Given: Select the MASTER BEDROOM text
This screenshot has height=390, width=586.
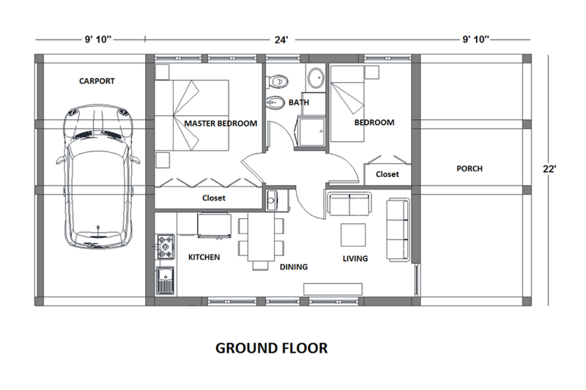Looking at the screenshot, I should [220, 124].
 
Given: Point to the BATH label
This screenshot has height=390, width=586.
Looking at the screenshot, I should [298, 102].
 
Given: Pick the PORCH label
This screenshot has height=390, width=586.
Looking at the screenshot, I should [469, 169].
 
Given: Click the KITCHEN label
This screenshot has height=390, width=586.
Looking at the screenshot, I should [204, 258].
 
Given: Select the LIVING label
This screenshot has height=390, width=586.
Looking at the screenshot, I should [355, 258].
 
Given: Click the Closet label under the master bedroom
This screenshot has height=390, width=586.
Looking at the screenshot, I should [214, 198].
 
